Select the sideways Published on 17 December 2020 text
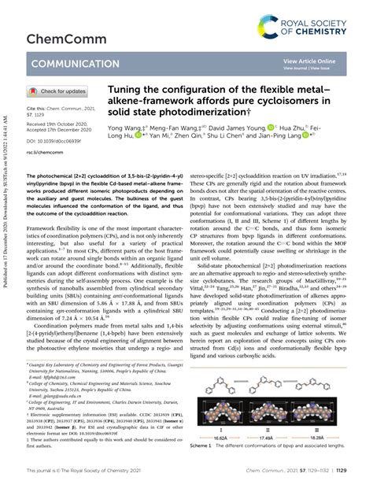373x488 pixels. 6,268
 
